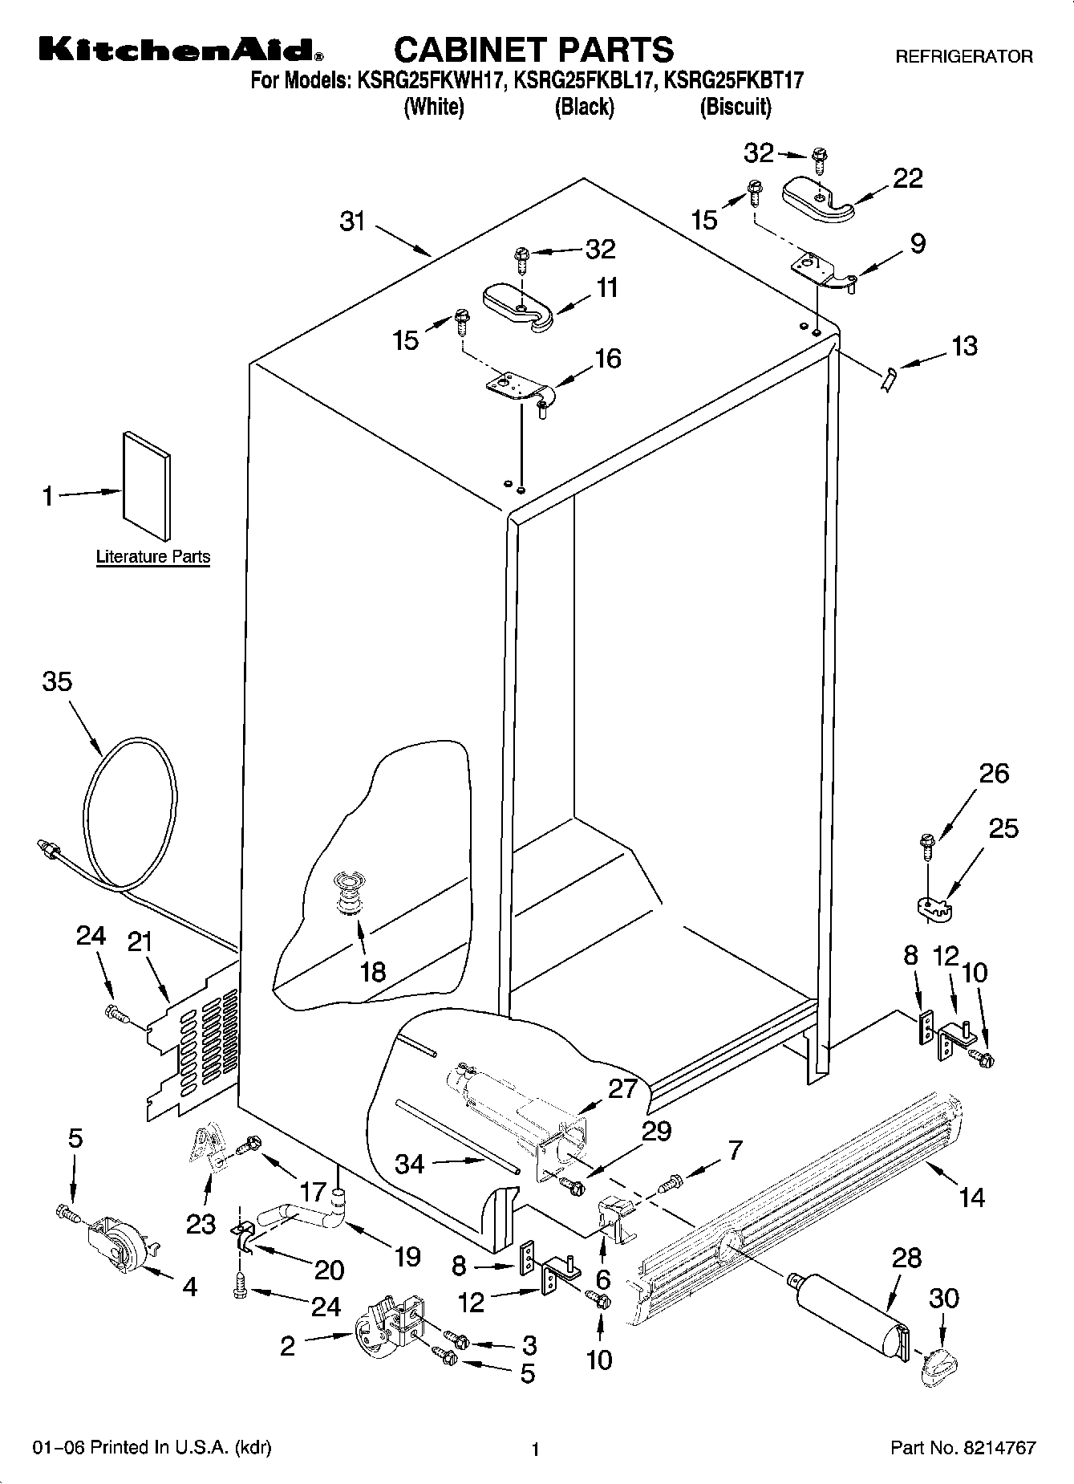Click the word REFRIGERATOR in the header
coord(963,57)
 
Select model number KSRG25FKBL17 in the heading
coord(585,80)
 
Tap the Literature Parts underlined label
coord(153,556)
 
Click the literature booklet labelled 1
coord(146,486)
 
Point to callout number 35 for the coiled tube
coord(57,681)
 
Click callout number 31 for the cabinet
coord(353,221)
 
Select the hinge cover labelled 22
coord(817,198)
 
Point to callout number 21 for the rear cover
coord(140,941)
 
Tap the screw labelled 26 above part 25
coord(926,842)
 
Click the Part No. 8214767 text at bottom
coord(963,1448)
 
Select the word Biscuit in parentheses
coord(736,107)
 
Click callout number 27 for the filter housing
coord(622,1088)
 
